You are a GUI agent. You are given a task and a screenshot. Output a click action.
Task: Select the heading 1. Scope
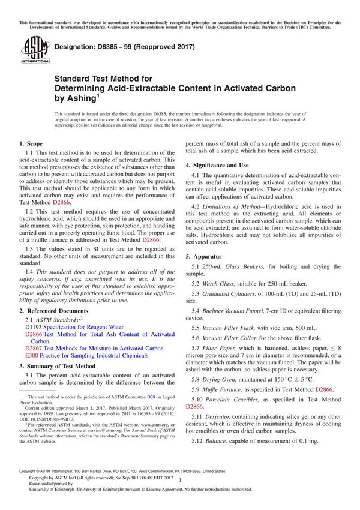[x=31, y=144]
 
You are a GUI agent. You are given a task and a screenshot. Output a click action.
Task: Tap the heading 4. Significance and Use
[x=217, y=164]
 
